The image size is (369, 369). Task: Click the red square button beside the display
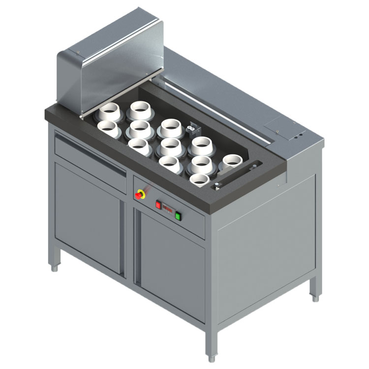[x=158, y=205]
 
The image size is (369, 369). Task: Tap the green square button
[x=178, y=215]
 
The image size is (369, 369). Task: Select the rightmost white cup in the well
[x=232, y=161]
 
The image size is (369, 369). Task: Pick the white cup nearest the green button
[x=199, y=180]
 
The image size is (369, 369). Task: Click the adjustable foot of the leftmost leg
[x=55, y=268]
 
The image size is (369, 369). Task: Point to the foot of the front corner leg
[x=211, y=358]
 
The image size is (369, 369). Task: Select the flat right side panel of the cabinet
[x=266, y=246]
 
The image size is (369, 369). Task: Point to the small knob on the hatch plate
[x=277, y=131]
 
